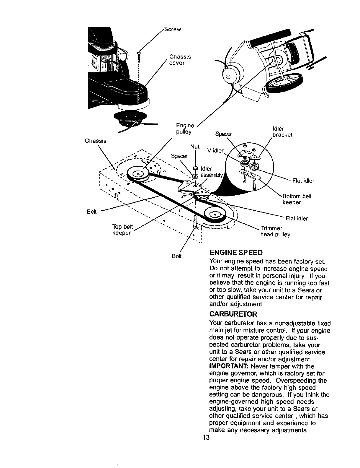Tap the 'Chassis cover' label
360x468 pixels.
180,60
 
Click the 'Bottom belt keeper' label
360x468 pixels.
297,199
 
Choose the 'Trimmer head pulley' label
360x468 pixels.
275,232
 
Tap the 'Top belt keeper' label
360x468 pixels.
123,230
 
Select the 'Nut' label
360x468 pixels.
195,147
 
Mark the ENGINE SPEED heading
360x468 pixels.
235,253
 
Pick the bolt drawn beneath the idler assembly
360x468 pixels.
195,222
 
